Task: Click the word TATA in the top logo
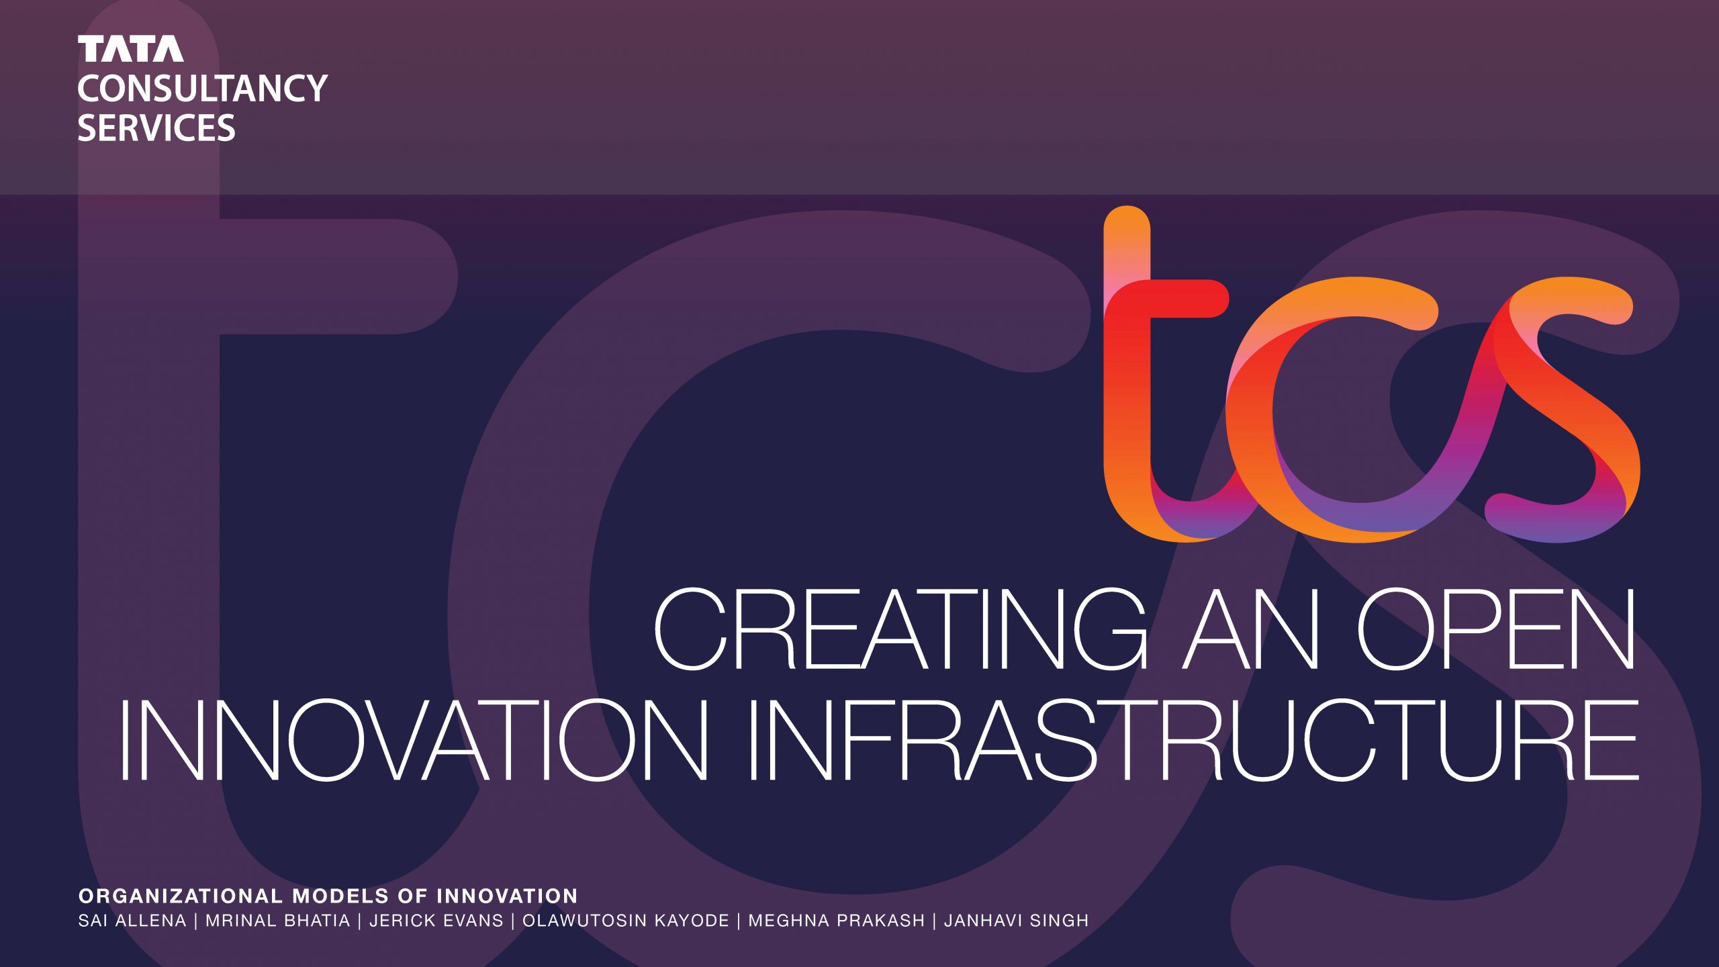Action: point(130,49)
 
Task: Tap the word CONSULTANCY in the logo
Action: point(202,89)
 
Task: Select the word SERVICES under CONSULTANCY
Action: point(156,128)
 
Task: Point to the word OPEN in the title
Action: point(1497,629)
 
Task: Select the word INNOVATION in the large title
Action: point(414,740)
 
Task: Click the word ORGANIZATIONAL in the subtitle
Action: point(181,896)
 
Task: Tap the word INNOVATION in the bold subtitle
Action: point(507,896)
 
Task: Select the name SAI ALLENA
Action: point(132,921)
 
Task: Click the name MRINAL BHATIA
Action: point(278,921)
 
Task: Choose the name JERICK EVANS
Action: point(436,921)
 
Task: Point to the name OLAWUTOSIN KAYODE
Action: point(626,921)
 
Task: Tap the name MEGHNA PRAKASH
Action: point(837,921)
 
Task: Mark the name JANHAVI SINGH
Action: point(1017,921)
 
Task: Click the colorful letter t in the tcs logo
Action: point(1127,376)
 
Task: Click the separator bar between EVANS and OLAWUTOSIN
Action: point(513,921)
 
